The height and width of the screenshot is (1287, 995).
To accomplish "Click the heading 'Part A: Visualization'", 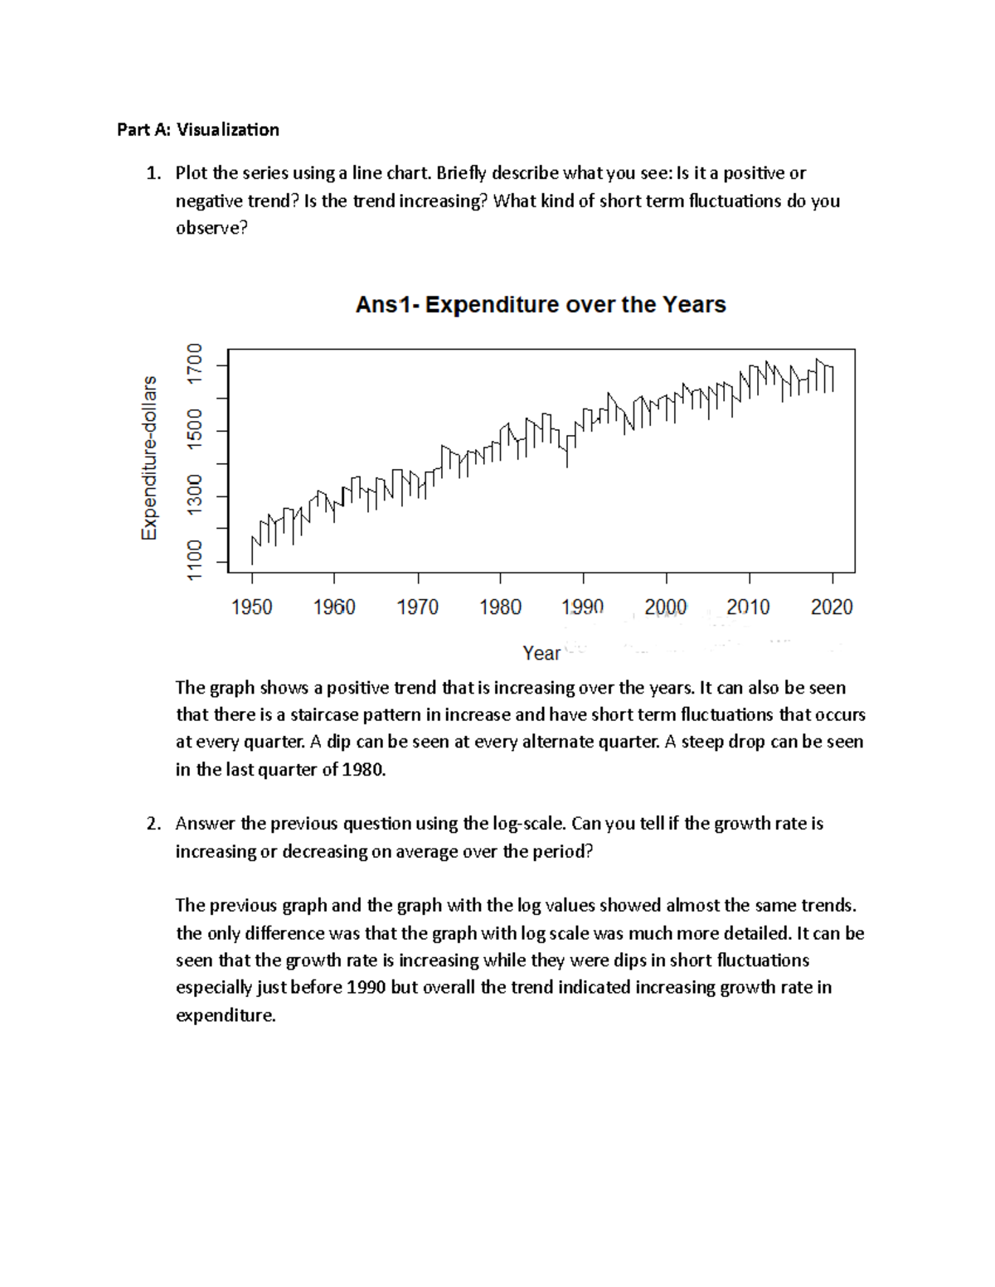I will pyautogui.click(x=197, y=129).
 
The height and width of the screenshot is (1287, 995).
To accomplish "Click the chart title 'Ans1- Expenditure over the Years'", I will pyautogui.click(x=541, y=305).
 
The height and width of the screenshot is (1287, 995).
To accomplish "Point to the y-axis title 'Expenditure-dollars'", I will pyautogui.click(x=149, y=458).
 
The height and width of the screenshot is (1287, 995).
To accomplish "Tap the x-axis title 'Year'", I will pyautogui.click(x=541, y=653).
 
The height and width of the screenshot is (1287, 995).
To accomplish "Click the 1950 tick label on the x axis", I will pyautogui.click(x=251, y=607).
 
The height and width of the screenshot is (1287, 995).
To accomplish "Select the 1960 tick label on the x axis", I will pyautogui.click(x=334, y=607).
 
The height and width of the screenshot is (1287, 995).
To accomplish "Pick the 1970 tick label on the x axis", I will pyautogui.click(x=417, y=607).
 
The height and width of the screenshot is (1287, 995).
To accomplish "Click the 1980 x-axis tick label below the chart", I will pyautogui.click(x=500, y=607).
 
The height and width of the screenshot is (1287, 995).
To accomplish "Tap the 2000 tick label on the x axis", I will pyautogui.click(x=666, y=607).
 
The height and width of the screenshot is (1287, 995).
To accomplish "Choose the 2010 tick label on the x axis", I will pyautogui.click(x=749, y=607).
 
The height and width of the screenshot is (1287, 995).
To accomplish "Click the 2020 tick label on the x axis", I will pyautogui.click(x=832, y=607).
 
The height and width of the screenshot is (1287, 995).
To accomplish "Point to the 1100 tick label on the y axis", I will pyautogui.click(x=195, y=561).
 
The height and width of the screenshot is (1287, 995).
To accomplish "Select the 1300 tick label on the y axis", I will pyautogui.click(x=195, y=496).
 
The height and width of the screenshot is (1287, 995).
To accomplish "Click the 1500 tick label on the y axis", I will pyautogui.click(x=195, y=430).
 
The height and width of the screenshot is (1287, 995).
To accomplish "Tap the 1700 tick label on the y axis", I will pyautogui.click(x=195, y=365).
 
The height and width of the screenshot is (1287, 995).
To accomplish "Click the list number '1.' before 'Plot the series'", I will pyautogui.click(x=153, y=173).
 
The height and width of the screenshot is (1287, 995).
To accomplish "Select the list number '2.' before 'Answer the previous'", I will pyautogui.click(x=153, y=824).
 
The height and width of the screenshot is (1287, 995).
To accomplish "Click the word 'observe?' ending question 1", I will pyautogui.click(x=211, y=228).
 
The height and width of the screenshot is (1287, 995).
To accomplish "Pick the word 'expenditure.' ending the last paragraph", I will pyautogui.click(x=226, y=1015).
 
